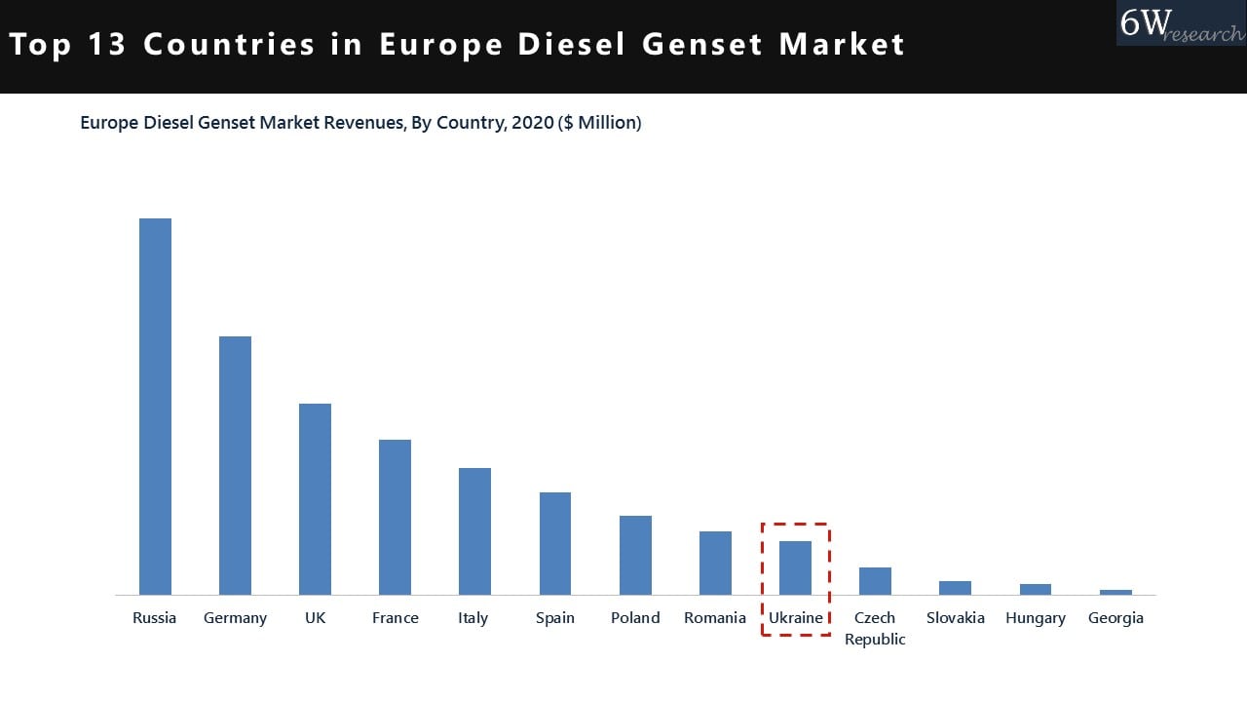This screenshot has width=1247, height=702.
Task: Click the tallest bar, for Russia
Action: click(155, 407)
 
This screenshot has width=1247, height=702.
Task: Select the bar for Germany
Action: click(235, 465)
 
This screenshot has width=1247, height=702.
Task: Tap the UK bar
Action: click(315, 499)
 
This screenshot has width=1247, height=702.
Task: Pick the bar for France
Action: click(395, 517)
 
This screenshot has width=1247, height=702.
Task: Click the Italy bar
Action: click(474, 531)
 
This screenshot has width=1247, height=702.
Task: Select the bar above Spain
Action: click(555, 543)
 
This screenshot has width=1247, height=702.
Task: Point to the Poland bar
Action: click(635, 555)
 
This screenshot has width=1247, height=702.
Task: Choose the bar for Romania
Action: click(715, 563)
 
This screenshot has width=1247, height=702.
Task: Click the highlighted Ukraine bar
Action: click(795, 567)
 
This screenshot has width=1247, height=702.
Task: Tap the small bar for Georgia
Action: click(1115, 592)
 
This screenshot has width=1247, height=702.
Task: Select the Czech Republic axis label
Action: click(875, 628)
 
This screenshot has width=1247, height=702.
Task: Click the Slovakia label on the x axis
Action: click(955, 617)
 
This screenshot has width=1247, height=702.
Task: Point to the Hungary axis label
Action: click(1036, 617)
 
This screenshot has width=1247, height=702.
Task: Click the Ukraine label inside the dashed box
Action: click(795, 617)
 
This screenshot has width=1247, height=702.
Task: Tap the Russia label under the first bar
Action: click(155, 617)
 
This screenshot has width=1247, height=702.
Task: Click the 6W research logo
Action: click(1180, 23)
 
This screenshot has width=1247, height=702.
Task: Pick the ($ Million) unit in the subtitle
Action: click(599, 123)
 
